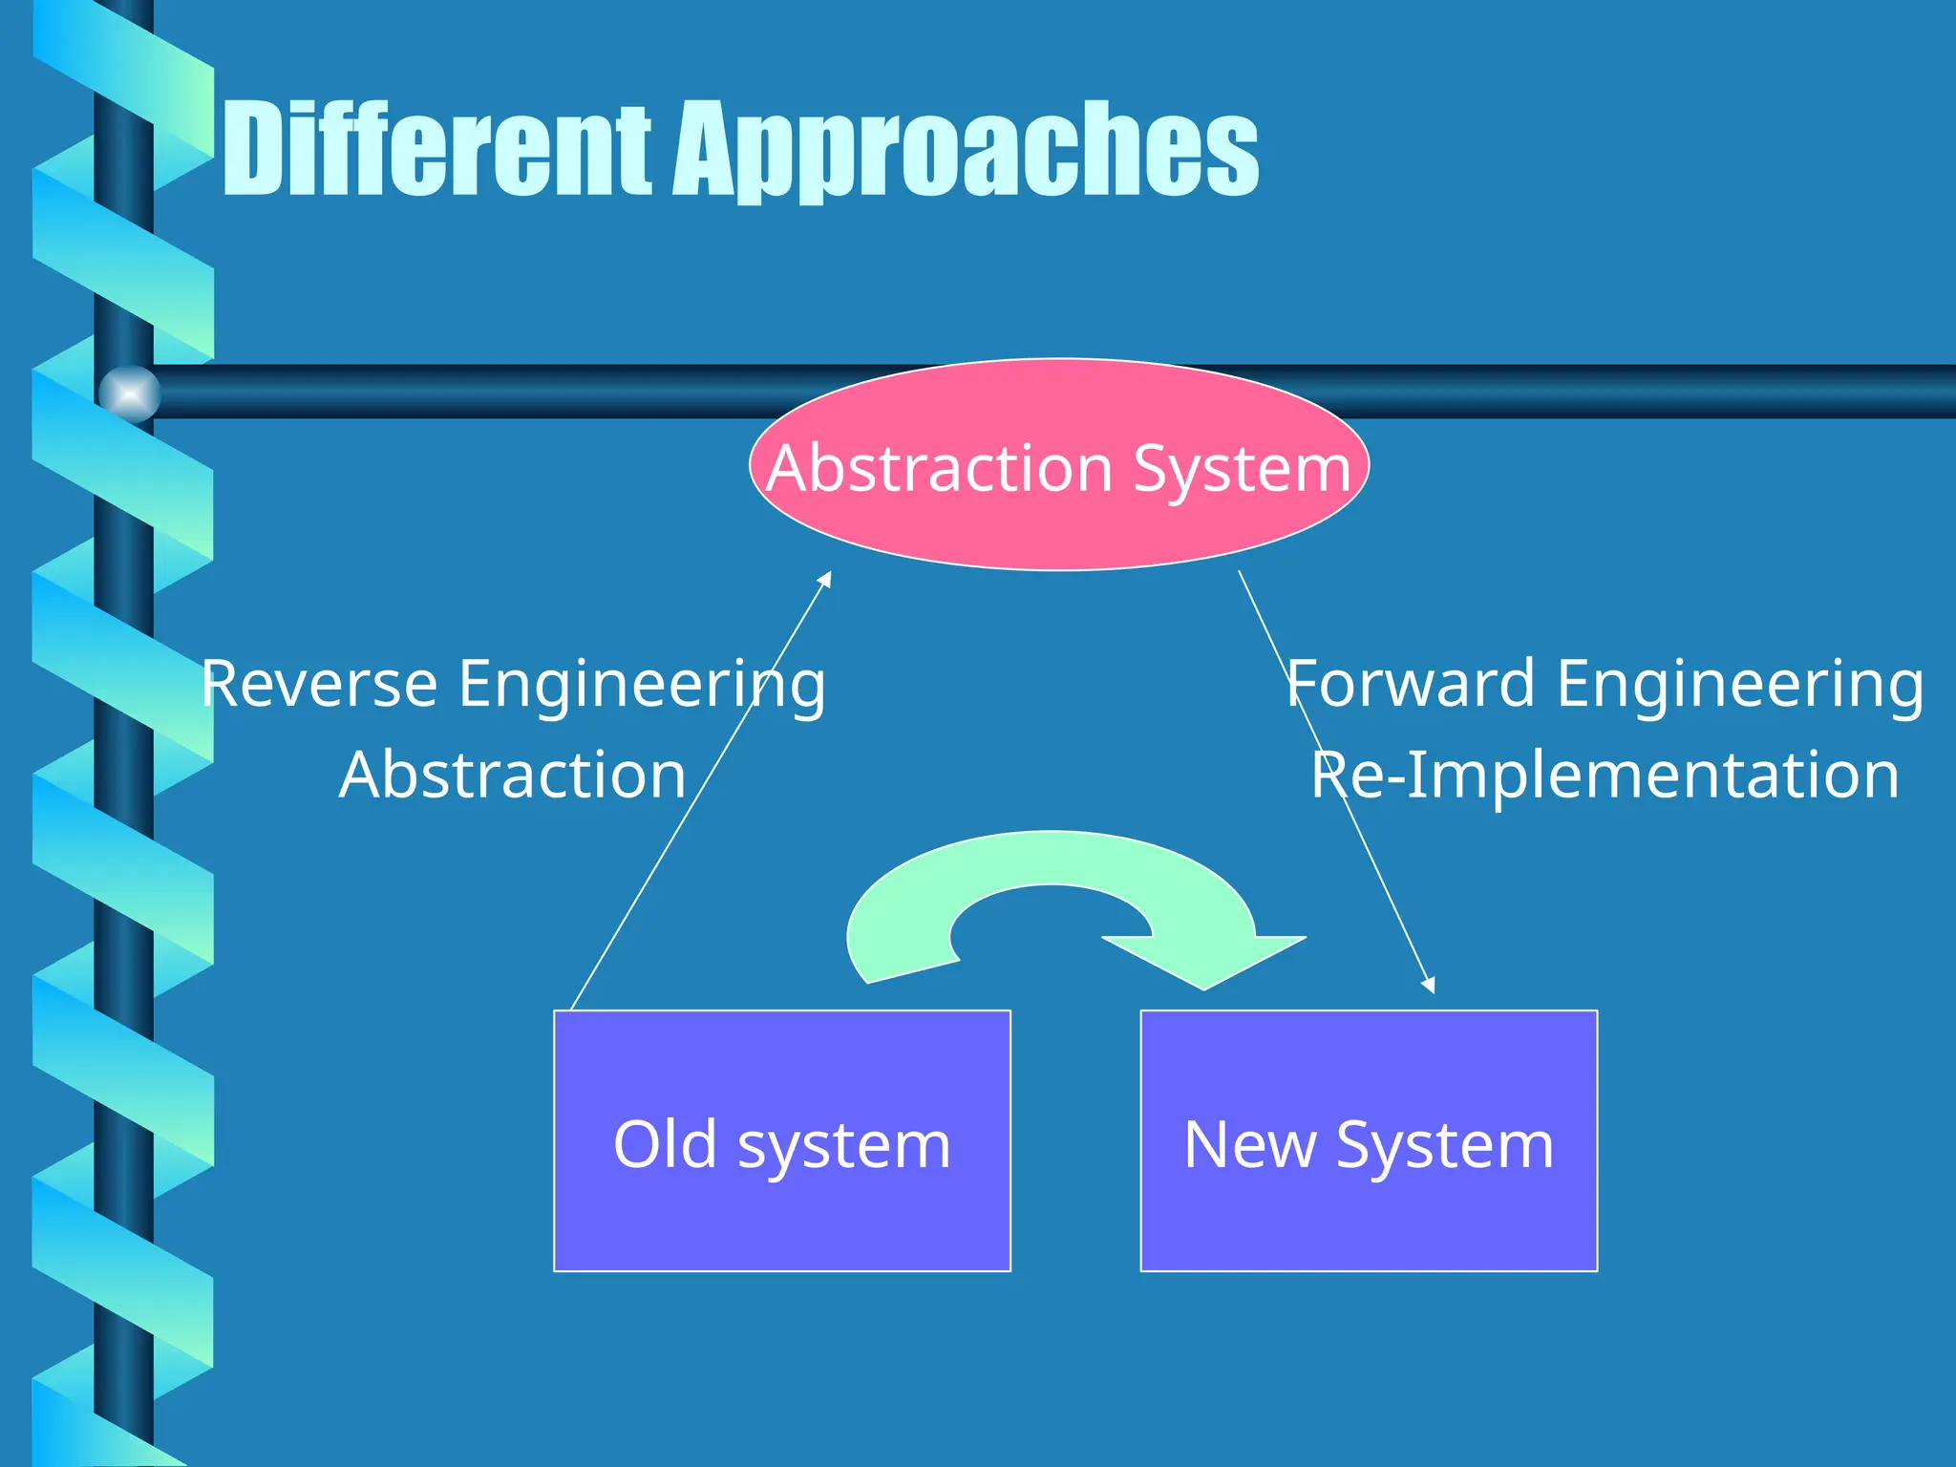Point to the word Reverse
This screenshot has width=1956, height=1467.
coord(319,684)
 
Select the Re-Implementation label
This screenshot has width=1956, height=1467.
coord(1605,775)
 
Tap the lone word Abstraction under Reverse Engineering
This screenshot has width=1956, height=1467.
coord(513,775)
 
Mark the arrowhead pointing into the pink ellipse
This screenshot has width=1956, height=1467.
coord(827,579)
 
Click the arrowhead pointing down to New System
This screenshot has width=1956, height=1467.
coord(1429,985)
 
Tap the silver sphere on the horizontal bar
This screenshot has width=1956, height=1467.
coord(129,393)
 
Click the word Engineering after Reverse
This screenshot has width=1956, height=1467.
coord(642,684)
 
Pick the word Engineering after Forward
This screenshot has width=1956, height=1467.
coord(1740,684)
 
